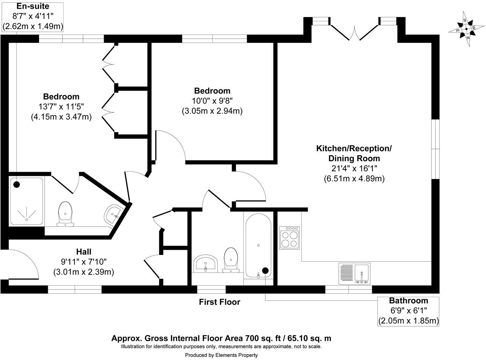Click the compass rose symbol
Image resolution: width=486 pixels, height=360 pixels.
click(466, 29)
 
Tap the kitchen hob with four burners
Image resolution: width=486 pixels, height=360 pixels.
click(289, 237)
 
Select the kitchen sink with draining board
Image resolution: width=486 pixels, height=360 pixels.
click(354, 273)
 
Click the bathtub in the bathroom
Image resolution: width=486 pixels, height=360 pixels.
click(258, 246)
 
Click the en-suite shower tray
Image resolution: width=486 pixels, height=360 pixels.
click(27, 201)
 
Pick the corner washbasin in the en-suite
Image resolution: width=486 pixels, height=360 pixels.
click(113, 214)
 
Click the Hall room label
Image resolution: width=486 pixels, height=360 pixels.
click(83, 252)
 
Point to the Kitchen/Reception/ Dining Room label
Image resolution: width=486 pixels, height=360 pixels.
click(354, 153)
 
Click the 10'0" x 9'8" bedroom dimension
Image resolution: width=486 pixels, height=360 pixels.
click(212, 101)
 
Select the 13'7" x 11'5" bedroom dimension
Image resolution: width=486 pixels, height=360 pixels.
click(61, 106)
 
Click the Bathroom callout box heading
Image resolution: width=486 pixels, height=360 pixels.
click(408, 300)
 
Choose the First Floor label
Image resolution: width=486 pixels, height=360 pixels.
click(219, 302)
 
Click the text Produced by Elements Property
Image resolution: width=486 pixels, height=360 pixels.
click(221, 355)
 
